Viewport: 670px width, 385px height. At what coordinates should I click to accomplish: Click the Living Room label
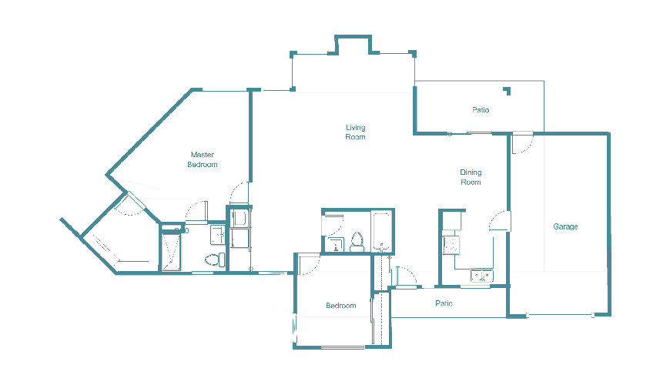tap(355, 132)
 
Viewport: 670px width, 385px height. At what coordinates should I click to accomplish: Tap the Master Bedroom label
tap(203, 159)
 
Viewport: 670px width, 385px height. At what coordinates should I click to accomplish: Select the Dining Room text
tap(471, 177)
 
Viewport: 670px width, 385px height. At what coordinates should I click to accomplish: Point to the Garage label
tap(565, 226)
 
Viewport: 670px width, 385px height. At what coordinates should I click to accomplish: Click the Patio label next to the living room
tap(481, 110)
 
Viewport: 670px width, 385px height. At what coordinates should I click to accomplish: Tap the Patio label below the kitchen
tap(444, 303)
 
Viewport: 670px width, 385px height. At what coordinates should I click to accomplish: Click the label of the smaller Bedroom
tap(341, 306)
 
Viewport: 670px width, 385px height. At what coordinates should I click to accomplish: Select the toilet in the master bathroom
tap(220, 259)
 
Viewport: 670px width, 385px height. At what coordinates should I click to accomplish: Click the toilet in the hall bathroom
tap(357, 243)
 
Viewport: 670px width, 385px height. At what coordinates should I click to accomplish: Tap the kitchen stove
tap(452, 246)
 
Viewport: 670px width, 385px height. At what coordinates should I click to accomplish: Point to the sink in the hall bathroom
tap(335, 245)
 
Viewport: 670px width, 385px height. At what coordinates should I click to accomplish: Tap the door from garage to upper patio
tap(522, 142)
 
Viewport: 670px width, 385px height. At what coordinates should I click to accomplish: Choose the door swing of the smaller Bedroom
tap(310, 266)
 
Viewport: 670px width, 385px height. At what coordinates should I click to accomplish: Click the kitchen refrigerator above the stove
tap(452, 222)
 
